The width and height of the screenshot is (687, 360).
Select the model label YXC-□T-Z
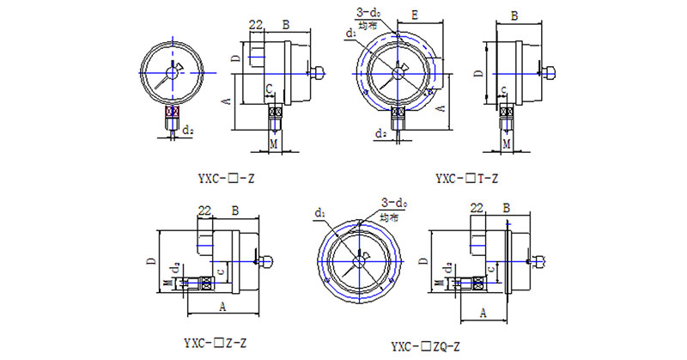[466, 180]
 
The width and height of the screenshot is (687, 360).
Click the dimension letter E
[415, 15]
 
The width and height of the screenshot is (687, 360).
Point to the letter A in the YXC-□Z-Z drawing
[222, 305]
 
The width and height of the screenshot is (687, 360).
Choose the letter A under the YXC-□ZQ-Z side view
[483, 314]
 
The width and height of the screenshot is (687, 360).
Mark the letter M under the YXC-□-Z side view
[273, 143]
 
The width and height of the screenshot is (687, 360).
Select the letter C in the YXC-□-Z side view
[269, 88]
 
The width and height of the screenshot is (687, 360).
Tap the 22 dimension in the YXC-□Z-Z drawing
[204, 210]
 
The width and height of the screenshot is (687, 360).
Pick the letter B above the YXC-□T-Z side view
[514, 15]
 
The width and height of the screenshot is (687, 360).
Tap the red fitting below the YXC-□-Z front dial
[172, 112]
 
